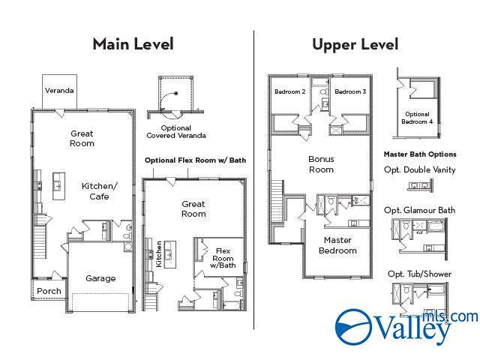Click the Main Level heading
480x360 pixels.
[x=133, y=44]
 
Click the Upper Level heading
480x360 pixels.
[x=355, y=44]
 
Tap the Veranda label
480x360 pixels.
[x=59, y=91]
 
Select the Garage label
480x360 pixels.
[x=100, y=278]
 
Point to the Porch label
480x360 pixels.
[x=49, y=291]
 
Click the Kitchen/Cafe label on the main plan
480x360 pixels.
[x=100, y=191]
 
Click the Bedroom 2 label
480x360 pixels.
[x=290, y=91]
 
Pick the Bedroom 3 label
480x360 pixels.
[x=350, y=91]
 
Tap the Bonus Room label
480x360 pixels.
[x=321, y=164]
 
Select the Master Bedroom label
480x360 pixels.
[x=337, y=245]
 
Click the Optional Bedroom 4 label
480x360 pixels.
[x=417, y=118]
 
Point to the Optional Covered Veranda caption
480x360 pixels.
[x=176, y=132]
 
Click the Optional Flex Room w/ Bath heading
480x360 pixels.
[x=195, y=160]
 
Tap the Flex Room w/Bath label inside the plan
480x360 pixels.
[x=223, y=258]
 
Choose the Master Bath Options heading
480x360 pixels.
[x=420, y=154]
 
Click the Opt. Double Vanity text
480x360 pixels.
[x=420, y=170]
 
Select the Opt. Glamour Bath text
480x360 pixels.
[x=420, y=210]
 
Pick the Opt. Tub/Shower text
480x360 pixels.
[x=420, y=274]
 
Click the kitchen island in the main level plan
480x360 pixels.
[x=58, y=186]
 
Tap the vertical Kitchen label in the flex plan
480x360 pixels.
[x=158, y=254]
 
